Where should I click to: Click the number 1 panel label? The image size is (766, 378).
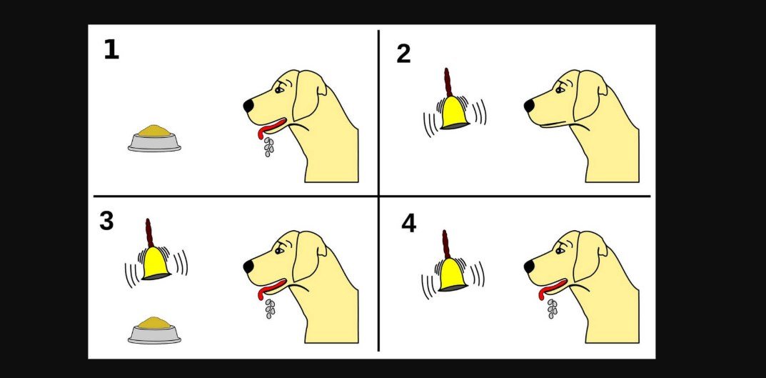(x=111, y=50)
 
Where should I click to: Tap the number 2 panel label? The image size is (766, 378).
(x=403, y=54)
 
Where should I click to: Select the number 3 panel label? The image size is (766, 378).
(x=106, y=221)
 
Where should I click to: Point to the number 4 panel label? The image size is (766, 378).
(x=409, y=224)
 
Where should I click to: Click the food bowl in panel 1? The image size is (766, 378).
(x=154, y=139)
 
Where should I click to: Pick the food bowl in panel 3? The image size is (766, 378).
(x=154, y=330)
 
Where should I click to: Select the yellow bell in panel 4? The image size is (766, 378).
(x=453, y=275)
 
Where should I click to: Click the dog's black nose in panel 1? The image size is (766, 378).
(x=248, y=106)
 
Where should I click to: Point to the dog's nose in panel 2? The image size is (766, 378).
(x=530, y=106)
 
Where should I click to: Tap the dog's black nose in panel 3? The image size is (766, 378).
(x=248, y=267)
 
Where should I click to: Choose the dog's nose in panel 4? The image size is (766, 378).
(x=530, y=267)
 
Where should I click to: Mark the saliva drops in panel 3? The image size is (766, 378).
(x=270, y=309)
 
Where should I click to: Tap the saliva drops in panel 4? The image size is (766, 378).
(x=552, y=309)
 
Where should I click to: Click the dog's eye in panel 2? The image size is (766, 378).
(x=560, y=89)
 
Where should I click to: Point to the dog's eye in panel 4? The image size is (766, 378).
(x=560, y=250)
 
